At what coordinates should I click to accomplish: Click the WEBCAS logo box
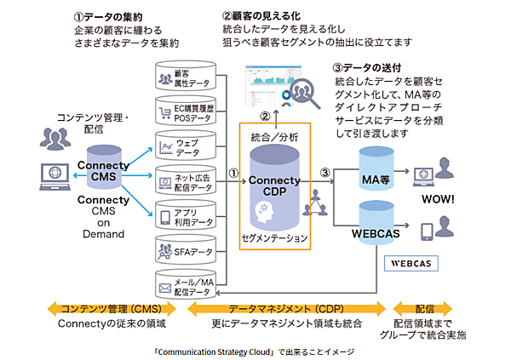pyautogui.click(x=416, y=263)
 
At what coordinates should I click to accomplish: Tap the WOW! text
pyautogui.click(x=439, y=203)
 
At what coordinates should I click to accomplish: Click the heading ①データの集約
pyautogui.click(x=112, y=16)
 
